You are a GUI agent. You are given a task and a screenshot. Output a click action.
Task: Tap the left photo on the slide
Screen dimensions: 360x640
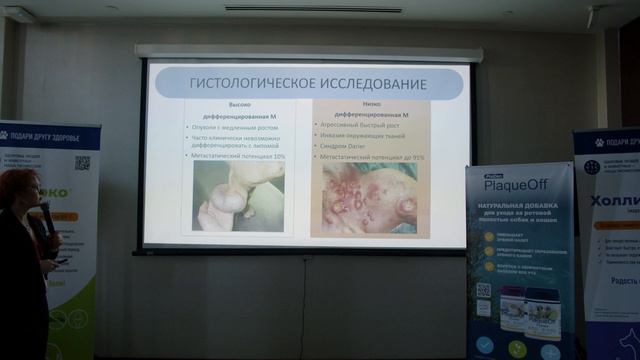point(238,196)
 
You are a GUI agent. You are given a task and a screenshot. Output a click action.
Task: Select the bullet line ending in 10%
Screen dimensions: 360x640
point(239,156)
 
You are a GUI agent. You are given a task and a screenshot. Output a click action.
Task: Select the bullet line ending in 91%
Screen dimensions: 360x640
point(370,157)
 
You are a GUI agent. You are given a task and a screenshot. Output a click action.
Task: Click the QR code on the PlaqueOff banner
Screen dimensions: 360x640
point(483,290)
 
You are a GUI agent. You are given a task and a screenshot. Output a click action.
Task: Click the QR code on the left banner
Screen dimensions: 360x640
point(81,162)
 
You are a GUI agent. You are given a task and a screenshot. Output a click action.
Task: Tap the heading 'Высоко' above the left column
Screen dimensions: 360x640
point(239,104)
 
